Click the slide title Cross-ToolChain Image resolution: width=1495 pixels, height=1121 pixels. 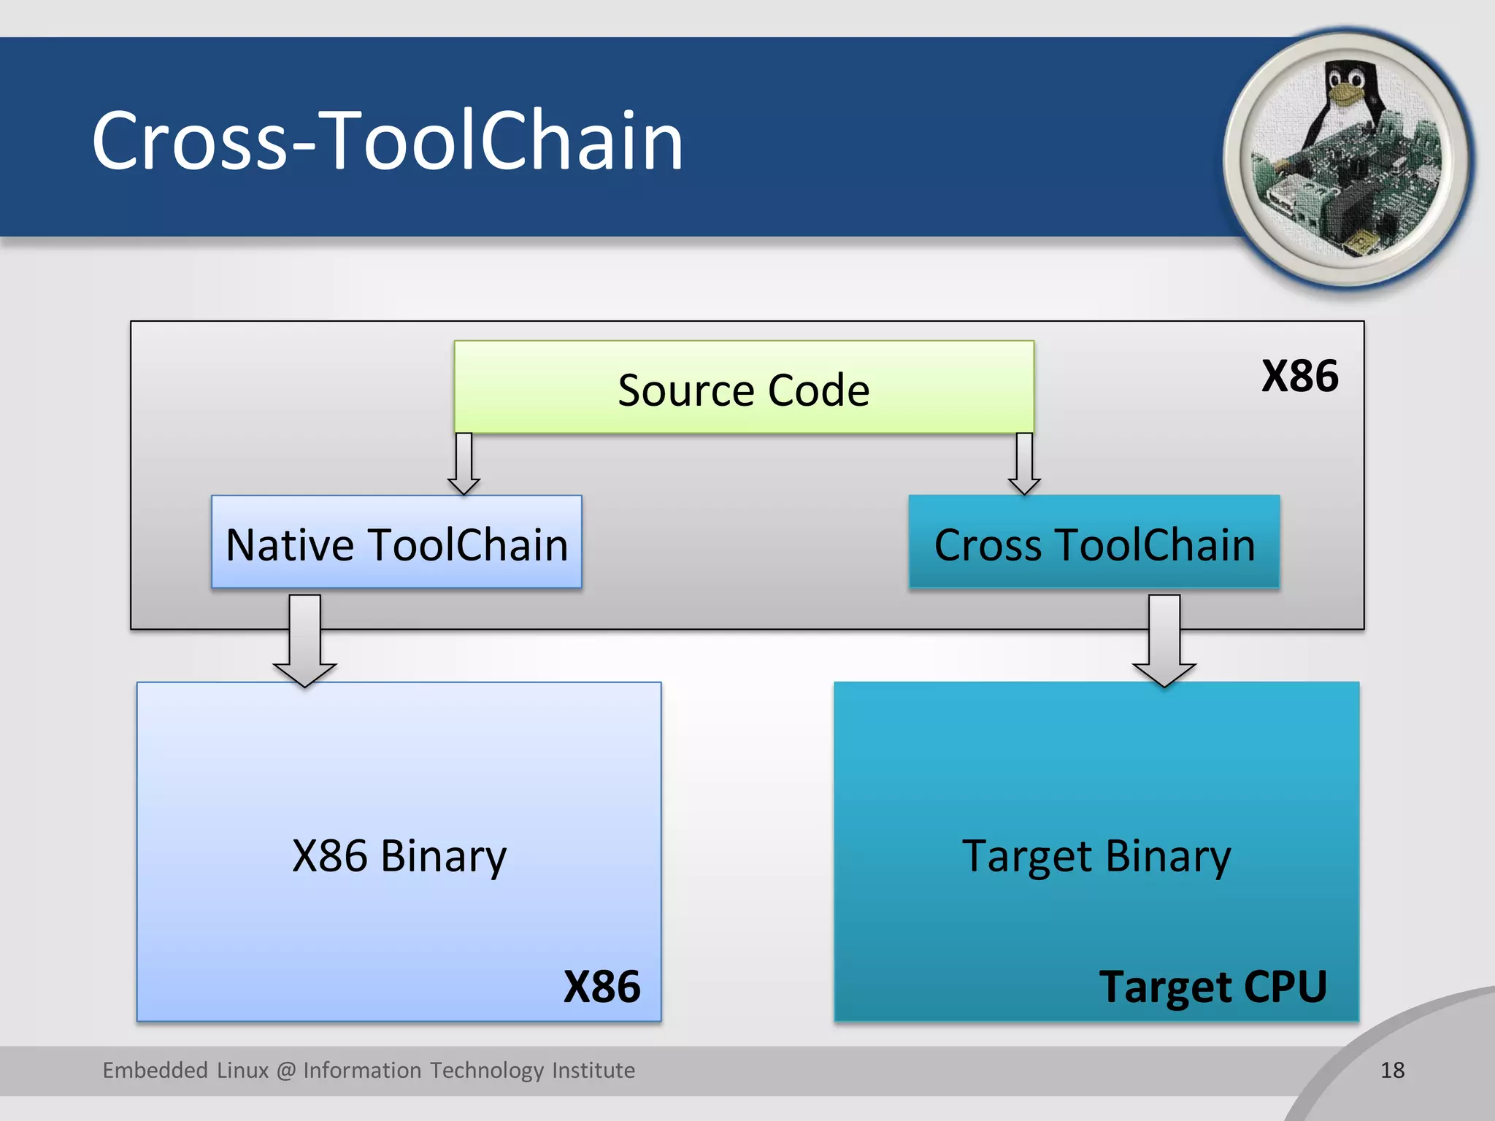[387, 140]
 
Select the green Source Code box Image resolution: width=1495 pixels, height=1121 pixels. [743, 388]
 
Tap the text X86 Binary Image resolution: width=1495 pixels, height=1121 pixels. [399, 855]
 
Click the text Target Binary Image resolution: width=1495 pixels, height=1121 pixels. [1096, 855]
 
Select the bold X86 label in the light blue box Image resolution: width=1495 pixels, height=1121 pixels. [602, 987]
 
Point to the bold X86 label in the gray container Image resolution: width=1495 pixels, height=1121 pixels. [1299, 376]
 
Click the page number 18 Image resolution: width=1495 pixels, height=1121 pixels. [1392, 1070]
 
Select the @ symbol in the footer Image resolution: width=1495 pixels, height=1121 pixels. [286, 1071]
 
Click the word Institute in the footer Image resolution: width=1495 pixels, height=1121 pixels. [593, 1070]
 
